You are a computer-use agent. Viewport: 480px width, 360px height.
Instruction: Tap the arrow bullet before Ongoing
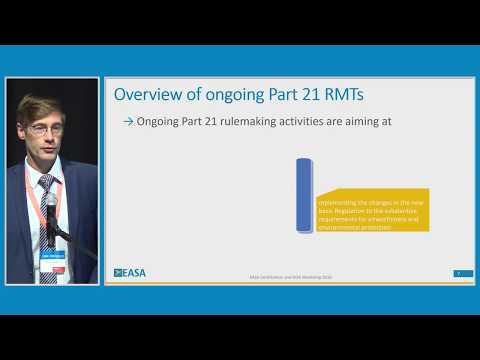pyautogui.click(x=128, y=122)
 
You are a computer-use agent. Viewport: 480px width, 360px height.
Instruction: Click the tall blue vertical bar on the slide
pyautogui.click(x=304, y=194)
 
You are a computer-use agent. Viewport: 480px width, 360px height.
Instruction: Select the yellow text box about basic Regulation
pyautogui.click(x=371, y=210)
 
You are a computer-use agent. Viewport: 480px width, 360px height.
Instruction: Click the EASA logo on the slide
pyautogui.click(x=130, y=272)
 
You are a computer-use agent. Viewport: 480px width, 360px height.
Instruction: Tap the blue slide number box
pyautogui.click(x=457, y=271)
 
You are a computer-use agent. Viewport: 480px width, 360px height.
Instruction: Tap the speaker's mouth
pyautogui.click(x=44, y=152)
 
